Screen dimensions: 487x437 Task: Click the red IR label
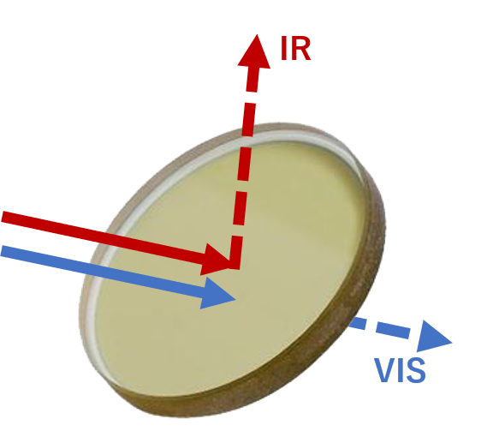pos(295,48)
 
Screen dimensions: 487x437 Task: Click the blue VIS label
pos(400,370)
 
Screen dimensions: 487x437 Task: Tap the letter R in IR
pos(300,48)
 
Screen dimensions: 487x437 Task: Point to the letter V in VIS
pos(385,370)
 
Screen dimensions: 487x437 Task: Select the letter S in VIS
pos(415,370)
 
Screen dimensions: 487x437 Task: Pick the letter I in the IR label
pos(283,48)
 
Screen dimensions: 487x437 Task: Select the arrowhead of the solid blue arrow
pos(217,293)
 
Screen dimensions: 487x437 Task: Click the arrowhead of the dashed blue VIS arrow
pos(433,337)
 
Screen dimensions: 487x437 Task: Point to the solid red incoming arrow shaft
pos(103,237)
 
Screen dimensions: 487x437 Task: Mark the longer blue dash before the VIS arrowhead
pos(393,330)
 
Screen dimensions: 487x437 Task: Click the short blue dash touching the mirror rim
pos(357,322)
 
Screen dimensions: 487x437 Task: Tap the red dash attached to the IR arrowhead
pos(252,79)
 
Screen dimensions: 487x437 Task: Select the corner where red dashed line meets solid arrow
pos(235,265)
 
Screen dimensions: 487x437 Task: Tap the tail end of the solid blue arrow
pos(2,251)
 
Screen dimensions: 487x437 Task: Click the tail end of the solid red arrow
pos(3,217)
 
